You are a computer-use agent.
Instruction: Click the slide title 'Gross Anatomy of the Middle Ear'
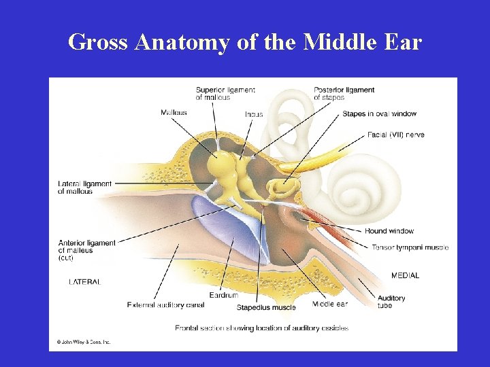pyautogui.click(x=245, y=42)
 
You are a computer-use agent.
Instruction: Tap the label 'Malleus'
pyautogui.click(x=174, y=112)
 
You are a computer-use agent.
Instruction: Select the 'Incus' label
pyautogui.click(x=254, y=114)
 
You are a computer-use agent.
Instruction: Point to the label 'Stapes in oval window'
pyautogui.click(x=379, y=113)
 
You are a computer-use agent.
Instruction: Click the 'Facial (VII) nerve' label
pyautogui.click(x=395, y=135)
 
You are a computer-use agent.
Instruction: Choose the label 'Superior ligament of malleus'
pyautogui.click(x=225, y=94)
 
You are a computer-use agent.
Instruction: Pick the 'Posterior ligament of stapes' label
pyautogui.click(x=344, y=94)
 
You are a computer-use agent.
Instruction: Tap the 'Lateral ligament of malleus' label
pyautogui.click(x=84, y=188)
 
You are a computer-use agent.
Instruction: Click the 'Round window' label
pyautogui.click(x=389, y=231)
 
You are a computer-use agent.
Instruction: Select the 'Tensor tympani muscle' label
pyautogui.click(x=410, y=247)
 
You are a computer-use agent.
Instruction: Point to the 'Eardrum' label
pyautogui.click(x=223, y=296)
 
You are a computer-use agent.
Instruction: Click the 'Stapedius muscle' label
pyautogui.click(x=266, y=308)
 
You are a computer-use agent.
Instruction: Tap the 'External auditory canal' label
pyautogui.click(x=165, y=305)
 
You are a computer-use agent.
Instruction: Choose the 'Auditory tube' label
pyautogui.click(x=391, y=302)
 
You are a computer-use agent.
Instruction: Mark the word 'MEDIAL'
pyautogui.click(x=405, y=275)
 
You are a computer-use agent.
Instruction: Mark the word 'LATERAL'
pyautogui.click(x=84, y=281)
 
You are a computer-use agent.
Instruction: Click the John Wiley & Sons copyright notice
pyautogui.click(x=83, y=342)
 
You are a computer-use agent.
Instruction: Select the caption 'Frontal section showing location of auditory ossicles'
pyautogui.click(x=261, y=328)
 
